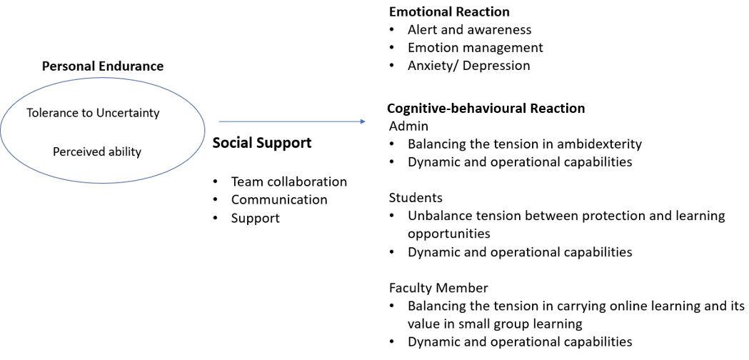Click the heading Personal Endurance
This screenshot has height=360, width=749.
(x=103, y=66)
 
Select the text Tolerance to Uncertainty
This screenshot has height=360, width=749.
(x=93, y=113)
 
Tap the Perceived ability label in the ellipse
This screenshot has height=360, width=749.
(x=97, y=151)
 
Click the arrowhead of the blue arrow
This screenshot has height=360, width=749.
(x=362, y=121)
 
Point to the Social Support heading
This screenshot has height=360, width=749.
(x=262, y=143)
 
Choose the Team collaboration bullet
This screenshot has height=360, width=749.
(x=288, y=181)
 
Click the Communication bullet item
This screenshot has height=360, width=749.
(x=279, y=200)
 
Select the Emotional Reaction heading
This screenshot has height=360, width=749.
(x=449, y=11)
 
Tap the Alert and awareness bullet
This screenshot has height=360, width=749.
(x=469, y=29)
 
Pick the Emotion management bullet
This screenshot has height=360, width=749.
(x=475, y=48)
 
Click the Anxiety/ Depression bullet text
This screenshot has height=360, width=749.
(x=468, y=66)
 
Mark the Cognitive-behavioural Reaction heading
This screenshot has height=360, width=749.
(x=486, y=109)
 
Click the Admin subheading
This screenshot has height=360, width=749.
(x=408, y=126)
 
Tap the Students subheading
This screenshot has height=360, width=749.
(x=416, y=197)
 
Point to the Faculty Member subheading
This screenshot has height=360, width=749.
(x=438, y=288)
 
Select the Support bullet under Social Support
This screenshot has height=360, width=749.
(x=255, y=218)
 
